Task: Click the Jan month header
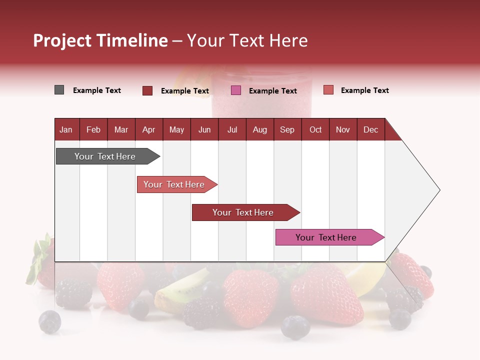(66, 129)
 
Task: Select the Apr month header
(148, 129)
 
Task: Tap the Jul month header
(232, 129)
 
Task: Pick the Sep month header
(287, 129)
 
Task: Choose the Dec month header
(370, 129)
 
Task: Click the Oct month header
(315, 129)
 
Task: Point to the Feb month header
(93, 129)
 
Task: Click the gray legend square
(59, 90)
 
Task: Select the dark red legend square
(147, 90)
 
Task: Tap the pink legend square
(236, 90)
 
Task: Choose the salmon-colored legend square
(328, 90)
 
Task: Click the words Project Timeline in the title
(100, 40)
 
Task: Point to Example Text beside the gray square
(97, 90)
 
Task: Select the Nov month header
(343, 129)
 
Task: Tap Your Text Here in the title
(247, 40)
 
